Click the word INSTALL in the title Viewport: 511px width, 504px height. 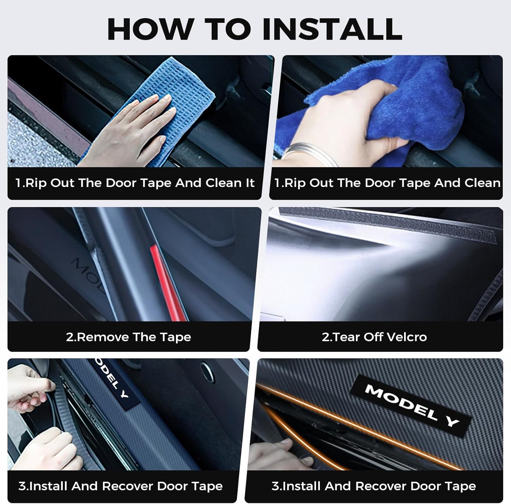point(332,29)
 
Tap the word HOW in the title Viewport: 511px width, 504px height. point(150,29)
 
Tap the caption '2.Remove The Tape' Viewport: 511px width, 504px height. point(128,337)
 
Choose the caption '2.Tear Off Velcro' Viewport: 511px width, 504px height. point(374,337)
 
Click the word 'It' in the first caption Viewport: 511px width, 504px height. point(250,183)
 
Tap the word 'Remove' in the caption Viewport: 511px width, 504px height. point(103,337)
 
